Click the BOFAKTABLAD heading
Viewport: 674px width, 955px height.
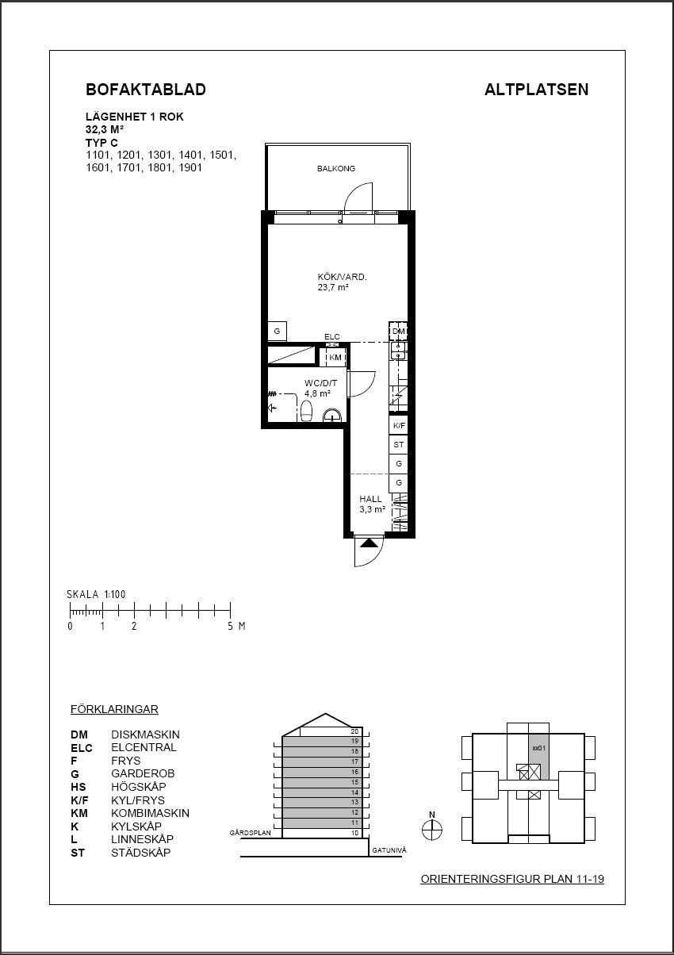pyautogui.click(x=146, y=90)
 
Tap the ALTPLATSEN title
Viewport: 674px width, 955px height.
pyautogui.click(x=536, y=90)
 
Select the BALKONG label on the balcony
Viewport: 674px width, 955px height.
pyautogui.click(x=336, y=168)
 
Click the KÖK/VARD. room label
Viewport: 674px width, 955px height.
pyautogui.click(x=342, y=277)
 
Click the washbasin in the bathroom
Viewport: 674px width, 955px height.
pyautogui.click(x=331, y=415)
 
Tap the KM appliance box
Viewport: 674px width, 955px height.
pyautogui.click(x=335, y=357)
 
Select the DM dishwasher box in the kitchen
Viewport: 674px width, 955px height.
pyautogui.click(x=398, y=332)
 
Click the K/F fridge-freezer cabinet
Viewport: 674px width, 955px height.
pyautogui.click(x=399, y=425)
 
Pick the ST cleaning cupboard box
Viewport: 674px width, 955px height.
pyautogui.click(x=399, y=445)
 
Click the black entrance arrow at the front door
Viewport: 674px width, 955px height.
pyautogui.click(x=369, y=543)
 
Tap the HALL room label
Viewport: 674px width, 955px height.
pyautogui.click(x=370, y=499)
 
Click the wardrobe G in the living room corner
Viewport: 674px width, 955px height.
pyautogui.click(x=277, y=332)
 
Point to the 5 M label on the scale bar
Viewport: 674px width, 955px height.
pyautogui.click(x=236, y=627)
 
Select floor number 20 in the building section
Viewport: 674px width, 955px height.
pyautogui.click(x=354, y=731)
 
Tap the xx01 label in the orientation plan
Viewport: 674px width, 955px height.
pyautogui.click(x=539, y=748)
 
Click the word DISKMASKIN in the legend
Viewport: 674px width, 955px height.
pyautogui.click(x=145, y=734)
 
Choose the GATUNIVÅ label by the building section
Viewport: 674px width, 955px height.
pyautogui.click(x=389, y=850)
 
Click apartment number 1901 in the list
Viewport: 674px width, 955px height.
pyautogui.click(x=190, y=167)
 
